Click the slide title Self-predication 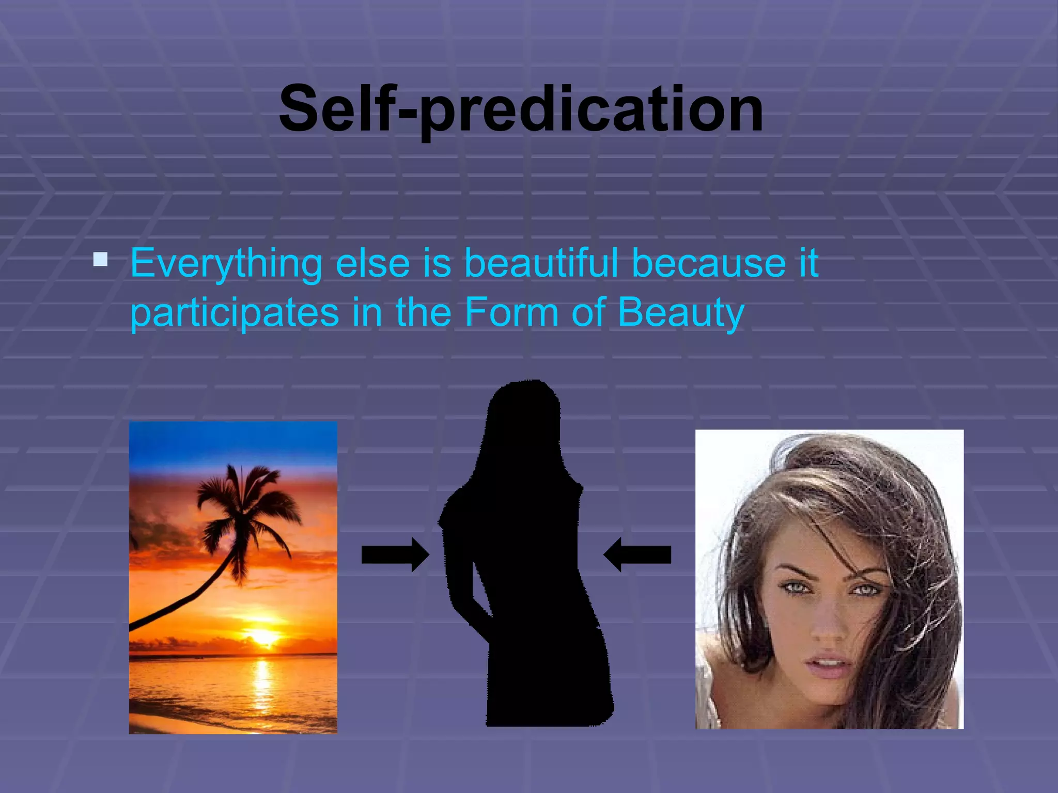tap(521, 109)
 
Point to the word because tap(709, 263)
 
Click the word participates tap(234, 313)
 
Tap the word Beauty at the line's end tap(680, 313)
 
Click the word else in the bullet tap(372, 263)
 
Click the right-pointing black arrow tap(395, 554)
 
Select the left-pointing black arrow tap(637, 554)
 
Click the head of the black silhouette tap(523, 413)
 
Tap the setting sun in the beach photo tap(264, 636)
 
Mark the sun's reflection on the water tap(262, 687)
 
